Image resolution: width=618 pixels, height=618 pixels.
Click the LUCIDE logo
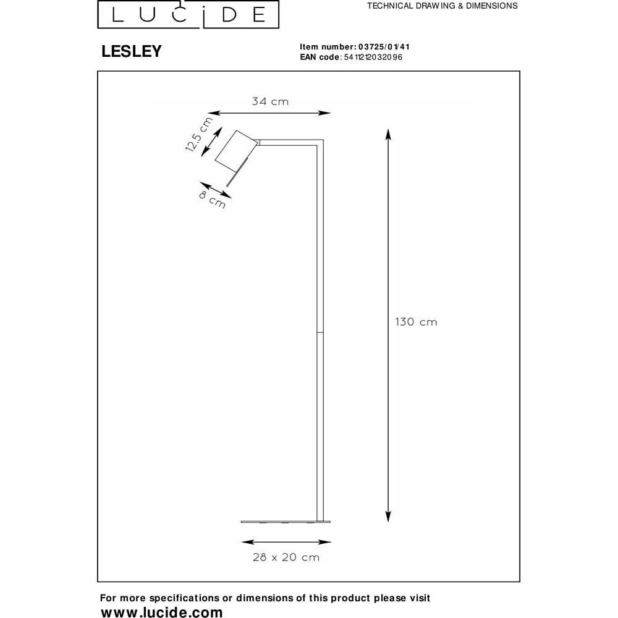[x=188, y=14]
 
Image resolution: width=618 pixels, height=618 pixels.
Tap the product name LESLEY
[x=132, y=51]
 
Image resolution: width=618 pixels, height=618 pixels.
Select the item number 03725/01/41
[x=384, y=47]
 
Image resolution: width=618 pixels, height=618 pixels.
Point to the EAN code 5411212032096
[x=373, y=57]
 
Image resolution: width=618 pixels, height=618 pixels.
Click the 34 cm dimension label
[x=271, y=102]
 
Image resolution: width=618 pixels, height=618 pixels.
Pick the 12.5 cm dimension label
[x=198, y=134]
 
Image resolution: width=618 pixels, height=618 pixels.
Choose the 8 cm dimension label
[x=212, y=200]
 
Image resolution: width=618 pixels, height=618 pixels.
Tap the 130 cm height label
[x=416, y=322]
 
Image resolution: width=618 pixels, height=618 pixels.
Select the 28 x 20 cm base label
[x=286, y=557]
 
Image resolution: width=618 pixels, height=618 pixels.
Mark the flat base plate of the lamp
[x=286, y=522]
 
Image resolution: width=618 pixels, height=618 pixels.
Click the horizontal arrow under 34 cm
[x=269, y=113]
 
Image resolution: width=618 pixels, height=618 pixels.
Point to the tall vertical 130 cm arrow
[x=388, y=326]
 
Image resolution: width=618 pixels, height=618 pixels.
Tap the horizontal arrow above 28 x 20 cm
[x=286, y=542]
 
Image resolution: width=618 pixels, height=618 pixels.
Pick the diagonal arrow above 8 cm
[x=216, y=190]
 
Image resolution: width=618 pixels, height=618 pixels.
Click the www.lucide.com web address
[x=161, y=612]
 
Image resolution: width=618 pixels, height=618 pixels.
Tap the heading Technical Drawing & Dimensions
[x=442, y=6]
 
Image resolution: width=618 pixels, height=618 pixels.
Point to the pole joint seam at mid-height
[x=320, y=332]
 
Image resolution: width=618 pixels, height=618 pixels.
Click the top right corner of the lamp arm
[x=323, y=140]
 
